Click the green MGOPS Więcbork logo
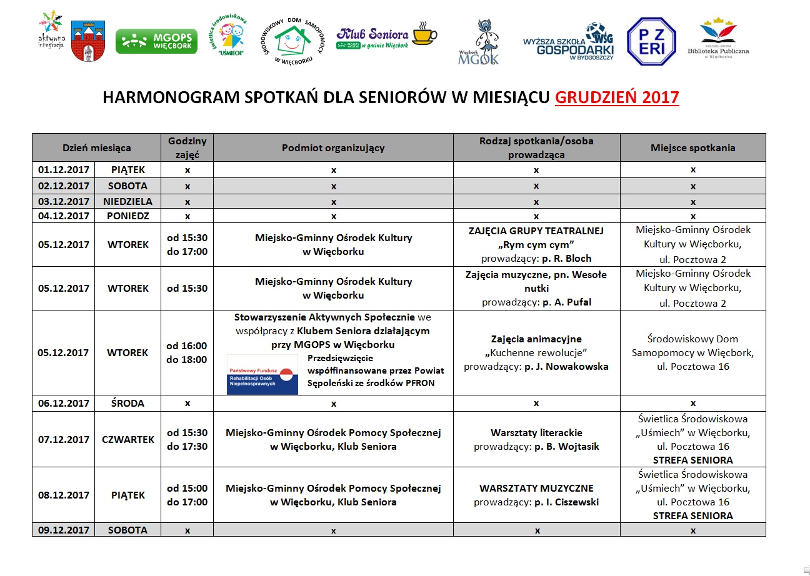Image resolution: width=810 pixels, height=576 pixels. pos(156,41)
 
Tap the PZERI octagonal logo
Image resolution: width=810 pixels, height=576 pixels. pos(651,41)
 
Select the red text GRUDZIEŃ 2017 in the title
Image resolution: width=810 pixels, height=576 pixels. pos(617,97)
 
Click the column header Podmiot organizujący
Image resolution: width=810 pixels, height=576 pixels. pos(333,148)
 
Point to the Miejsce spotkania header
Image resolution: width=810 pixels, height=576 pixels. pos(692,148)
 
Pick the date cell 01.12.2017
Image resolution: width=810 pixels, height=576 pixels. pos(64,169)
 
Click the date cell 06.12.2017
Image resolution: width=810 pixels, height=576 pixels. pos(64,403)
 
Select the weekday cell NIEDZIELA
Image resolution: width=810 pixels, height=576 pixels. pos(127,201)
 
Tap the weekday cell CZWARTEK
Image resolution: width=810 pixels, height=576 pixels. pos(127,439)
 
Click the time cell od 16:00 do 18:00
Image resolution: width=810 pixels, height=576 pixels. pos(187,352)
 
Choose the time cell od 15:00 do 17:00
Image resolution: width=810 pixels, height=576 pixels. pos(187,495)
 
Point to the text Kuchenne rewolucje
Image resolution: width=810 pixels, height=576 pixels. pos(536,352)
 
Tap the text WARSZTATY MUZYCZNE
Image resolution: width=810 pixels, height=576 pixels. pos(536,488)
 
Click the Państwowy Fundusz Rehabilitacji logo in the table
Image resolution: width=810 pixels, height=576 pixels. pos(262,374)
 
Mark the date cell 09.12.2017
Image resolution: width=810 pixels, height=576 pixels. pos(64,530)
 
